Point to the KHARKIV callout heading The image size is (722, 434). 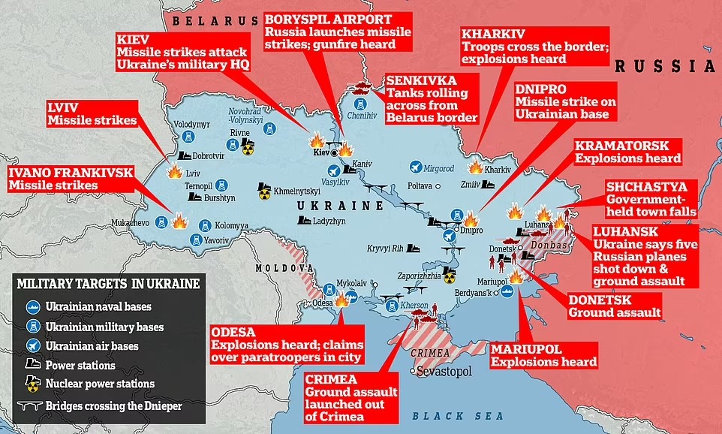click(x=493, y=35)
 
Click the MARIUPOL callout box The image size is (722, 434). click(x=544, y=355)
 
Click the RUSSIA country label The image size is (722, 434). click(x=664, y=66)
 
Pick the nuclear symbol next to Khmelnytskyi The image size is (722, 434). click(x=264, y=194)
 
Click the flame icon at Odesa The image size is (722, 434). click(x=341, y=300)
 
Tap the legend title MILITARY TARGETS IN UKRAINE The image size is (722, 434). click(x=109, y=284)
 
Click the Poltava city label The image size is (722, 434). click(x=420, y=185)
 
